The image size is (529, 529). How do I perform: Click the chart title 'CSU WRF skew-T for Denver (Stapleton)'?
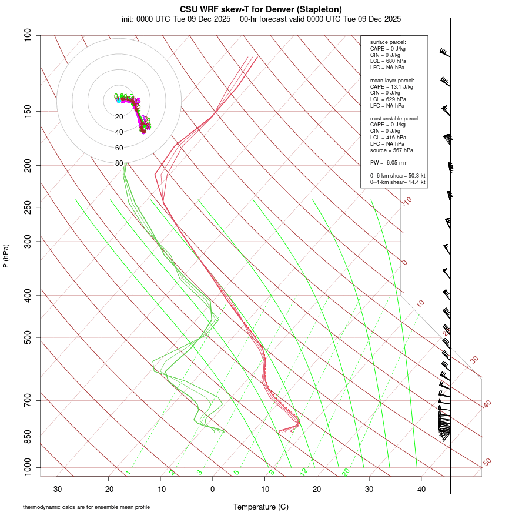tap(262, 9)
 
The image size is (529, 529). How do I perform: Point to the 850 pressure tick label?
tap(28, 437)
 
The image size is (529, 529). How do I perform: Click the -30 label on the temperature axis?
tap(56, 489)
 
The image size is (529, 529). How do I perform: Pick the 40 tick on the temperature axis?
tap(421, 489)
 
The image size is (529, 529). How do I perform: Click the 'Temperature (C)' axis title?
tap(261, 507)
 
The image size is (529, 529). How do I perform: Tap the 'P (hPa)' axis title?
tap(6, 256)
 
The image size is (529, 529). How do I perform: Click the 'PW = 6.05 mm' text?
tap(389, 163)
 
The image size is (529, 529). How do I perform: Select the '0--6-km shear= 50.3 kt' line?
tap(397, 175)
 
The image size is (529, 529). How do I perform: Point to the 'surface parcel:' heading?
tap(388, 42)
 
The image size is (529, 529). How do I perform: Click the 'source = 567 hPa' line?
tap(391, 150)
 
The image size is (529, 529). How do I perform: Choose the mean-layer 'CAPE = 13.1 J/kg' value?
tap(391, 86)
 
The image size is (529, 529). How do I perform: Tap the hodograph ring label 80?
tap(119, 163)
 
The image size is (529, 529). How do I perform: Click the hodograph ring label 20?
tap(119, 117)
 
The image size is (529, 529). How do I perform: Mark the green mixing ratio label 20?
tap(346, 472)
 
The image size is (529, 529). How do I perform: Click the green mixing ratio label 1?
tap(127, 473)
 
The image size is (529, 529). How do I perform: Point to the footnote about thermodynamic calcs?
tap(86, 507)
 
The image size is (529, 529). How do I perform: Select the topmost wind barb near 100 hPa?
tap(446, 54)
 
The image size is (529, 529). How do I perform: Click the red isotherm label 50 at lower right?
tap(487, 463)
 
